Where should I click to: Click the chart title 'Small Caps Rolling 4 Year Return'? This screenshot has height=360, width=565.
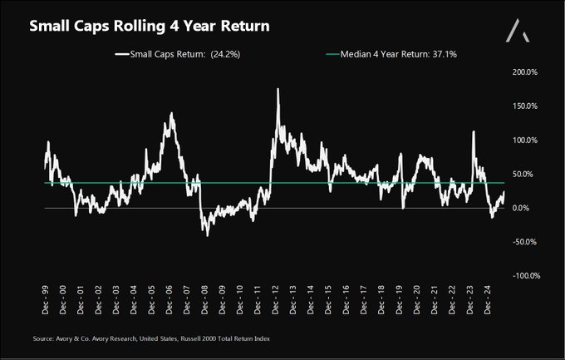(150, 27)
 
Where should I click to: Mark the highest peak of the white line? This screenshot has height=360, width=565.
(278, 90)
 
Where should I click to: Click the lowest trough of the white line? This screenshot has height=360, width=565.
(207, 235)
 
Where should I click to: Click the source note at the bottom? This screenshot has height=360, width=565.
(152, 339)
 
